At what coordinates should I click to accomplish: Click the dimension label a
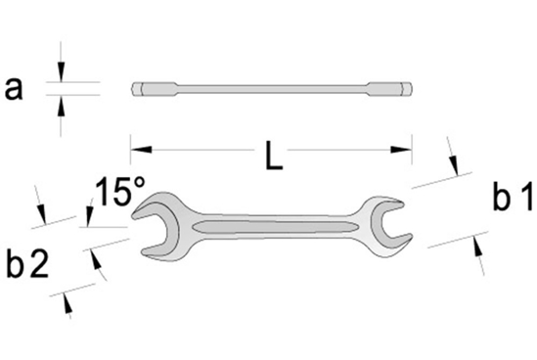coord(15,89)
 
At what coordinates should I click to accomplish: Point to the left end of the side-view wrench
coord(135,90)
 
